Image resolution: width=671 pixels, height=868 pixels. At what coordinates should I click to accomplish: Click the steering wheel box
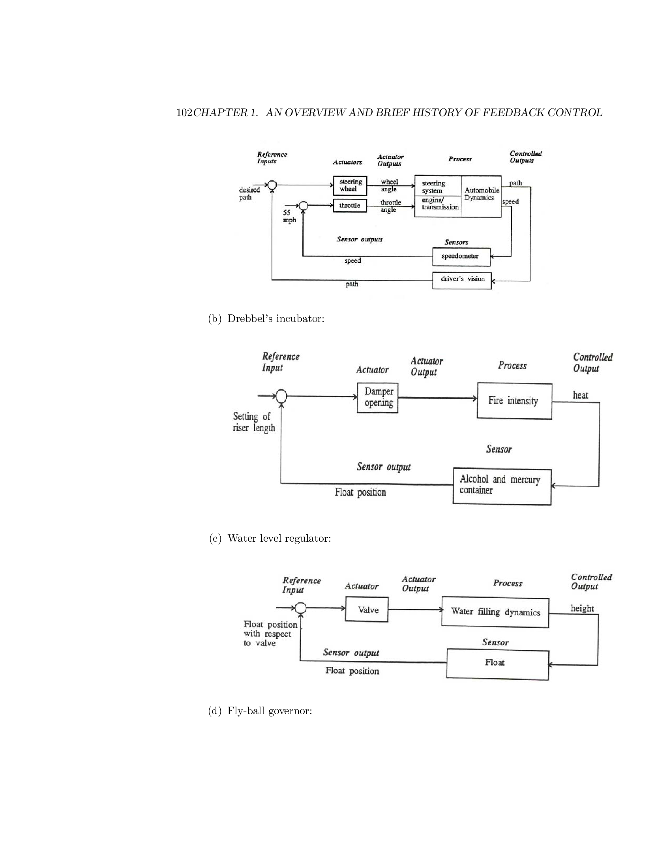[x=350, y=185]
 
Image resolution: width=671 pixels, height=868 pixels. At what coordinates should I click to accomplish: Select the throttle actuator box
[x=350, y=206]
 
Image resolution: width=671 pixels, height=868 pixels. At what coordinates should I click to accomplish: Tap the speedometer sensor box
[x=461, y=257]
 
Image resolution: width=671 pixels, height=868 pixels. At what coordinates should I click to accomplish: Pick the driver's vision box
[x=461, y=280]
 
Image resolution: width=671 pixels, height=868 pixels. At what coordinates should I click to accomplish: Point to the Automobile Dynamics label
[x=482, y=194]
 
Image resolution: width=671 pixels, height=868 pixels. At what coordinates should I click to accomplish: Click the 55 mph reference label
[x=289, y=216]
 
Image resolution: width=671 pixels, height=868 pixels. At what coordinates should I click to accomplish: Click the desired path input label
[x=249, y=194]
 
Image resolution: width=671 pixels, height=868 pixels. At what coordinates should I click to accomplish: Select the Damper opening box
[x=378, y=397]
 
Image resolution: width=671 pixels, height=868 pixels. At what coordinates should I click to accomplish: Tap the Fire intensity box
[x=514, y=401]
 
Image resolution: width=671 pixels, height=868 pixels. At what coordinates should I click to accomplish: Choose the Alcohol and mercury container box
[x=502, y=486]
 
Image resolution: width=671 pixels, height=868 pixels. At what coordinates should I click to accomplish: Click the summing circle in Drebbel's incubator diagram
[x=281, y=396]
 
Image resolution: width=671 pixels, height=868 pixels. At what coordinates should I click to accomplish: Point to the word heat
[x=580, y=395]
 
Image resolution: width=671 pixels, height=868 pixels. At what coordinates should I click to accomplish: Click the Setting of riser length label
[x=254, y=422]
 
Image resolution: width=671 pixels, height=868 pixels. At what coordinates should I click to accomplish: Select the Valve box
[x=367, y=610]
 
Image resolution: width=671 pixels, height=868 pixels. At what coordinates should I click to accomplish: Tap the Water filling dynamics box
[x=495, y=612]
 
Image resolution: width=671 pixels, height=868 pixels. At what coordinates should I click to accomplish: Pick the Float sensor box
[x=497, y=664]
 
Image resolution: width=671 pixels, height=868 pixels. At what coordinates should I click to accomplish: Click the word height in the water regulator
[x=582, y=608]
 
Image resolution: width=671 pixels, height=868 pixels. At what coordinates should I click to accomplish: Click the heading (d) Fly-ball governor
[x=260, y=711]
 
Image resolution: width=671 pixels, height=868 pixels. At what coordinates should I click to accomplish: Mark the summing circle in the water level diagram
[x=300, y=608]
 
